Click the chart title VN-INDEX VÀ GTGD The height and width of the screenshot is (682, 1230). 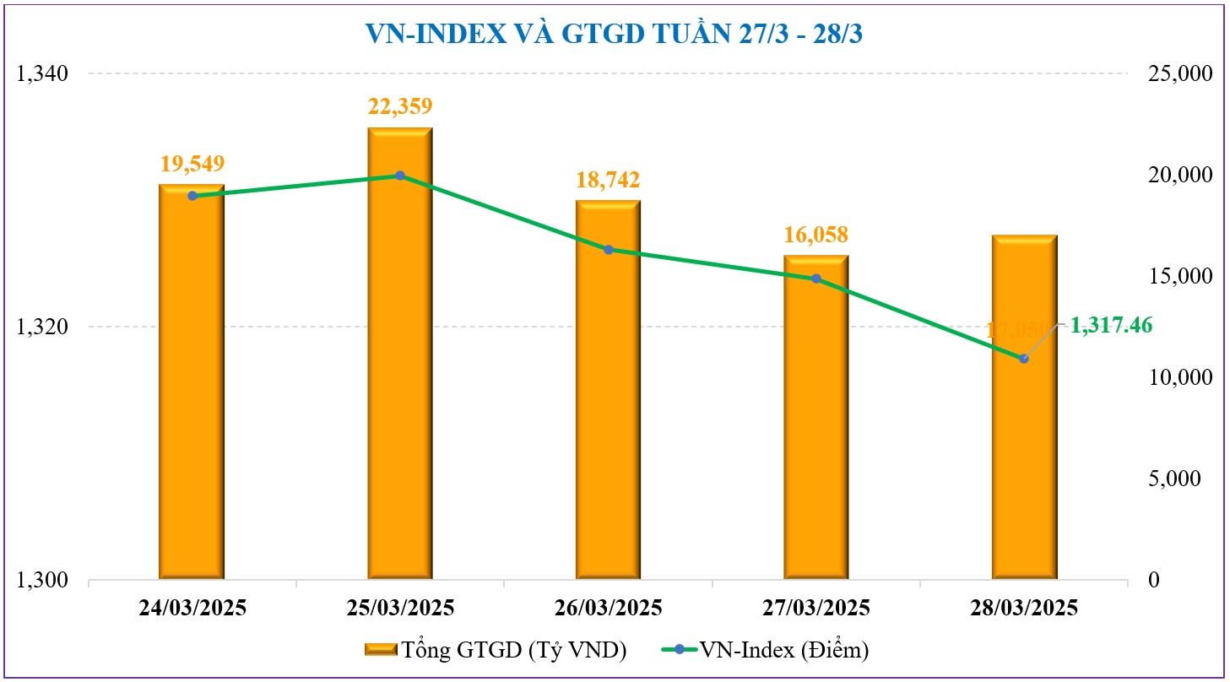[614, 33]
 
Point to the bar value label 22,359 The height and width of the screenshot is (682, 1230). [400, 106]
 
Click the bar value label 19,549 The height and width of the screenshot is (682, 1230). [192, 163]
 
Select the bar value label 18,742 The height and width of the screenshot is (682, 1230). [608, 179]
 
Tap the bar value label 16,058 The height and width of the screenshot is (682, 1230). [815, 234]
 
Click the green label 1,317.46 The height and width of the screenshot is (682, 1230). [1111, 325]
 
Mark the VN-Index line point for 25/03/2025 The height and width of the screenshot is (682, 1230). [400, 176]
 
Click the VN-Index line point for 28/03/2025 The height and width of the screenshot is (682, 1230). [1024, 359]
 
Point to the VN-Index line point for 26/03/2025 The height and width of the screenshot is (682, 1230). [608, 250]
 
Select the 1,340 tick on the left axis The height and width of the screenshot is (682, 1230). [41, 74]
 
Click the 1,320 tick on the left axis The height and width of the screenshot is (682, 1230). [41, 327]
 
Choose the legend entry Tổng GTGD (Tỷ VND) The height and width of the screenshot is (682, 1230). [496, 650]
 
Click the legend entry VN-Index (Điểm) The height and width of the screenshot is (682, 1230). [777, 650]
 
